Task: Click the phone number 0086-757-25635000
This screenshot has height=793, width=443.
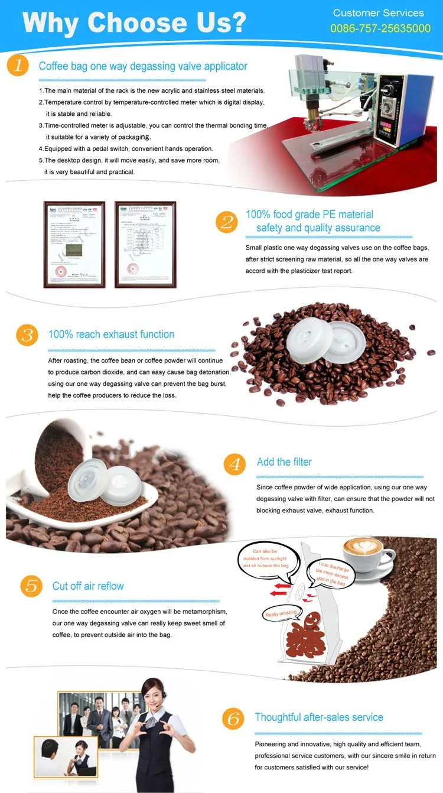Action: coord(380,28)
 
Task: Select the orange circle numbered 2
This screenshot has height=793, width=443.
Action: coord(227,222)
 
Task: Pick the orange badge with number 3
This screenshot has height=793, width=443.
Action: coord(27,335)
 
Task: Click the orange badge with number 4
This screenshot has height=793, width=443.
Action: coord(235,463)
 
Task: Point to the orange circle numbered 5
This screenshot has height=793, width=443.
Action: coord(32,586)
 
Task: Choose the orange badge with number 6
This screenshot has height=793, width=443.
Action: coord(233,719)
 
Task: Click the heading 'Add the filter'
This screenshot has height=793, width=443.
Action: coord(284,462)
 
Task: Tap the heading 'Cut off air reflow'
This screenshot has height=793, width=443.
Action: coord(88,586)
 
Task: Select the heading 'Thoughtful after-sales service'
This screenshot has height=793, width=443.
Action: coord(319,717)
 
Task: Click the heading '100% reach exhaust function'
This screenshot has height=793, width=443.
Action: coord(111,334)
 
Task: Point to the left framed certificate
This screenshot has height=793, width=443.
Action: coord(74,244)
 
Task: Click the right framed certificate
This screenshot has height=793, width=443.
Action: coord(145,244)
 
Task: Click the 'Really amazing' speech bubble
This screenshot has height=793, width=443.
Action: coord(279,614)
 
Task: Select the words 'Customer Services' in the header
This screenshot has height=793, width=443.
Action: coord(378,13)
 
